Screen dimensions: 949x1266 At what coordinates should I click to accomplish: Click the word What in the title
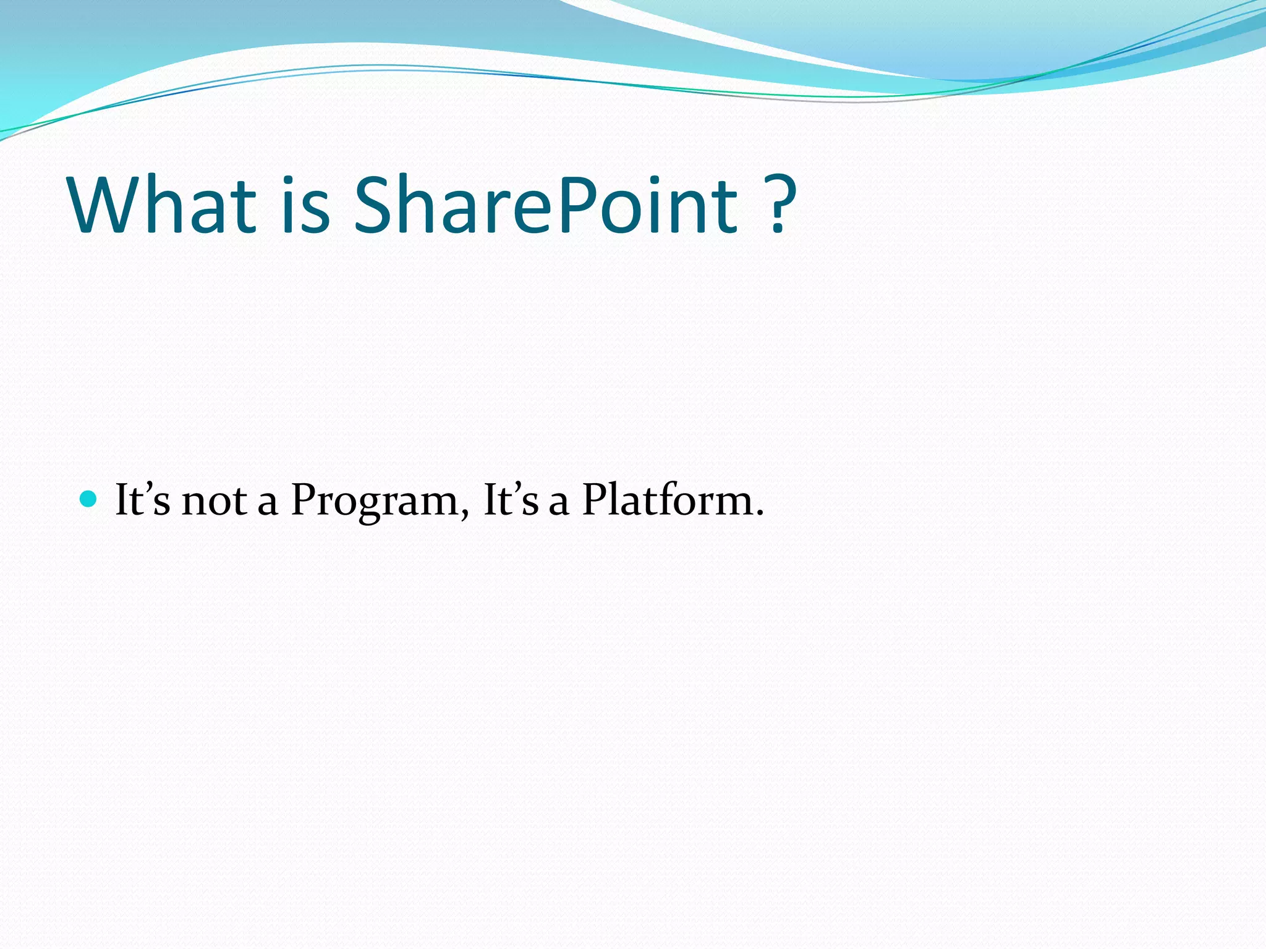click(162, 205)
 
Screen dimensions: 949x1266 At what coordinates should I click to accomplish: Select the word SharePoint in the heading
click(545, 205)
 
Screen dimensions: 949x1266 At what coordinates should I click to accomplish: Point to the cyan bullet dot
click(89, 498)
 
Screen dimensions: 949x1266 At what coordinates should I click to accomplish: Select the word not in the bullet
click(214, 500)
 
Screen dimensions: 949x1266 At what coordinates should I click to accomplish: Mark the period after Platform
click(760, 513)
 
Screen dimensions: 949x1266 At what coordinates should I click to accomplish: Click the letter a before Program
click(267, 503)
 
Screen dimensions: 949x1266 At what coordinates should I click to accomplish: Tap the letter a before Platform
click(558, 503)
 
